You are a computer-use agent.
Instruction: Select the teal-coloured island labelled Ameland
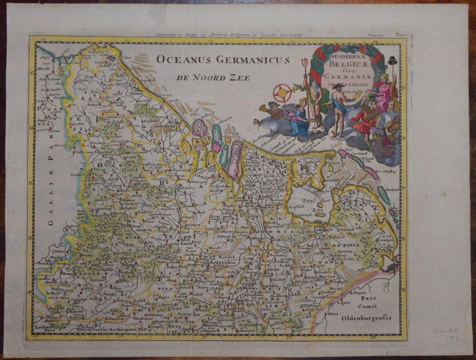[384, 195]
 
